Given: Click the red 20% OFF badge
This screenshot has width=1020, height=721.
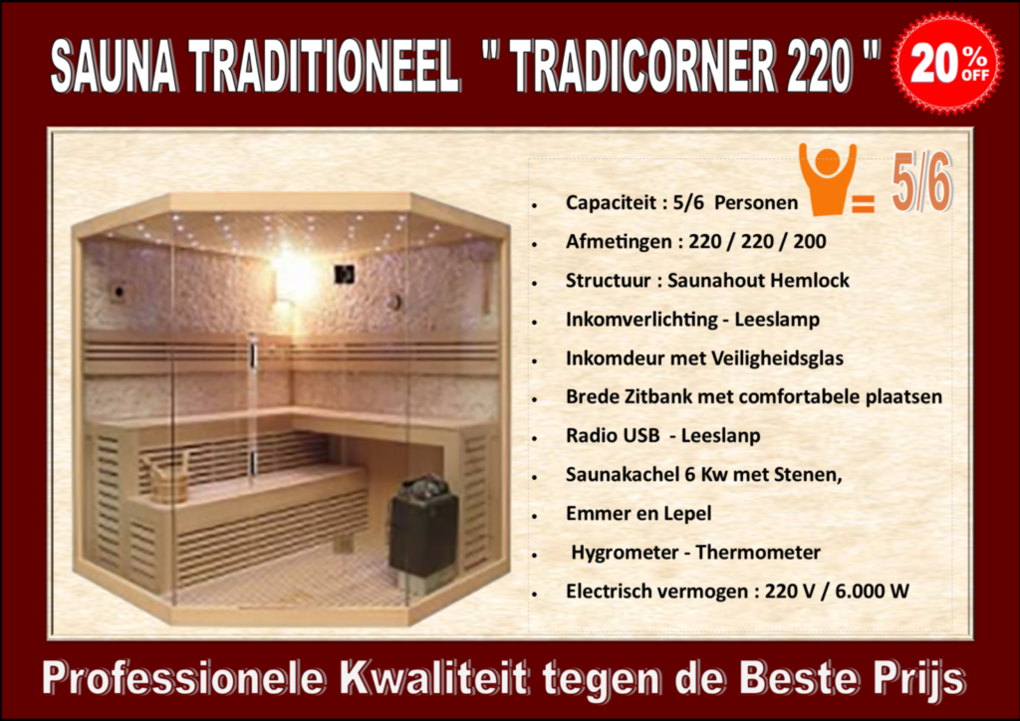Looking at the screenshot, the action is click(x=947, y=63).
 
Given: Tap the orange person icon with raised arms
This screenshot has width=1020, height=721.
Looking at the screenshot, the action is click(x=828, y=179).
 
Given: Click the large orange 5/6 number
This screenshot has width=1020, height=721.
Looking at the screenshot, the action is click(x=921, y=182).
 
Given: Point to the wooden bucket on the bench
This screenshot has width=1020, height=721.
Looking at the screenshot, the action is click(x=166, y=476).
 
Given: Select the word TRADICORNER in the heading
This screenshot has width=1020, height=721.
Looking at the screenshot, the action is click(x=641, y=67).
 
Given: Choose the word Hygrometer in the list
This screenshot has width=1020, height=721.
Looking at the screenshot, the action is click(x=625, y=553).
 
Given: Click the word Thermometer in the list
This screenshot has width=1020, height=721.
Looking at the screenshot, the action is click(x=758, y=553).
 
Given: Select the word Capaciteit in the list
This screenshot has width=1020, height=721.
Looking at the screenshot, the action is click(x=611, y=203).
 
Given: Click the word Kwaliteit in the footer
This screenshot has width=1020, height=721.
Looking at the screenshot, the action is click(x=433, y=679).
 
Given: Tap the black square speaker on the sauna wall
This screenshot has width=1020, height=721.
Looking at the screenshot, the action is click(x=344, y=274).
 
